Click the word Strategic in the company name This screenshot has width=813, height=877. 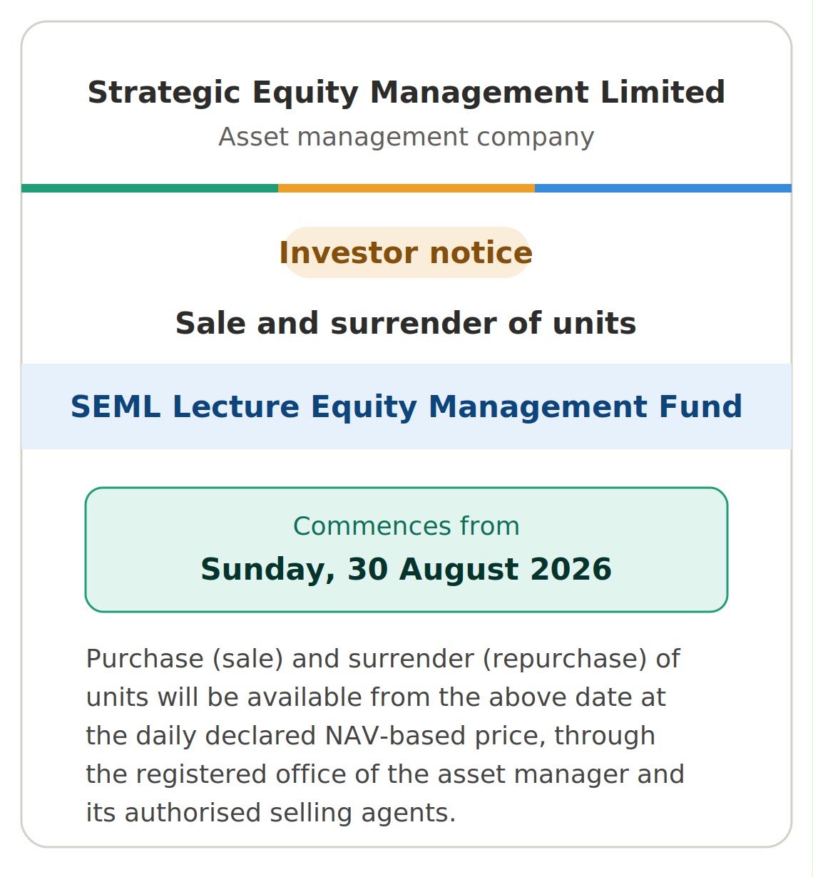coord(164,93)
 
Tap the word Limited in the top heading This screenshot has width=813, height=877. coord(663,92)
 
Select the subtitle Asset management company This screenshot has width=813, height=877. coord(406,137)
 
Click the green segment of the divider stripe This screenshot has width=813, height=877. coord(150,188)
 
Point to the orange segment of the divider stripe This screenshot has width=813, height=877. coord(406,188)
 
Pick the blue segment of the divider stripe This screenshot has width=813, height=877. coord(663,188)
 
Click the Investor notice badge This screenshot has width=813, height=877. coord(406,252)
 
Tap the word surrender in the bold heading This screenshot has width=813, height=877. coord(414,323)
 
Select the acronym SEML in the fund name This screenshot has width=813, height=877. coord(116,406)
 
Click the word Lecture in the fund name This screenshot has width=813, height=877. coord(236,406)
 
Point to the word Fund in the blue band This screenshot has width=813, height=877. coord(700,406)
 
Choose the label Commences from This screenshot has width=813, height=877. coord(406,526)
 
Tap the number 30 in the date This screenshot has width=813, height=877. coord(367,569)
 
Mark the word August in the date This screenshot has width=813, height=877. coord(459,570)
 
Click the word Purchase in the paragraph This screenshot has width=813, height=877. coord(145,659)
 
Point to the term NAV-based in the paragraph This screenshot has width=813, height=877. coord(395,736)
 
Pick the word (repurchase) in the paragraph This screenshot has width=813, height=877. coord(565,660)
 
